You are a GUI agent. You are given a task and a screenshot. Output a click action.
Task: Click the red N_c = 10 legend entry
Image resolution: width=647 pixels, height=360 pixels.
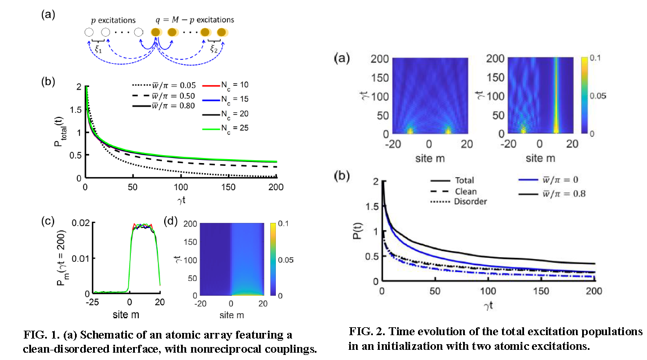click(x=226, y=84)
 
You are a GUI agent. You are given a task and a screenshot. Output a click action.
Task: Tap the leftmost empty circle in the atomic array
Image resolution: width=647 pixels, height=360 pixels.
click(x=89, y=32)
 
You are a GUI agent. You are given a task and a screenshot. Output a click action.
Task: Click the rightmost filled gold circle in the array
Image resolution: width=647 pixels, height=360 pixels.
click(x=222, y=32)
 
